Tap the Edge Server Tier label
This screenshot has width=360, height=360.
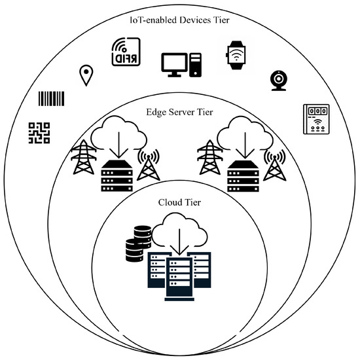pyautogui.click(x=180, y=112)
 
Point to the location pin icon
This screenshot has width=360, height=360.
pyautogui.click(x=85, y=75)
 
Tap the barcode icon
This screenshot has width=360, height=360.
pyautogui.click(x=52, y=99)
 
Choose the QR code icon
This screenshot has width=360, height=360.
pyautogui.click(x=39, y=132)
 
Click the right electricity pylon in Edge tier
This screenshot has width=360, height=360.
pyautogui.click(x=210, y=160)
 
